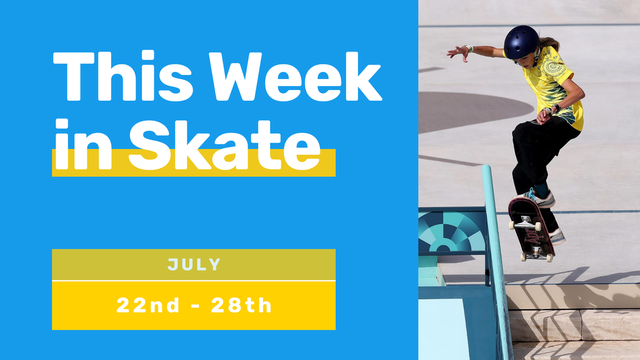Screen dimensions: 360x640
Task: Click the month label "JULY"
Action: (x=194, y=265)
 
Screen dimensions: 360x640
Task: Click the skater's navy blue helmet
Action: (x=521, y=42)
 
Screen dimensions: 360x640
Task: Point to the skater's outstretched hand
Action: (x=458, y=52)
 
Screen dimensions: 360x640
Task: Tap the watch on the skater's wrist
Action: (x=556, y=108)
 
